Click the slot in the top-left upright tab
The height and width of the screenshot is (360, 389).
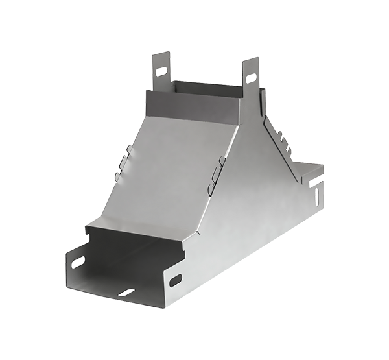point(161,69)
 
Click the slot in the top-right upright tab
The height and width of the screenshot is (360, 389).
point(251,79)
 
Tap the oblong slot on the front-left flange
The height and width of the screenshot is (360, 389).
point(77,262)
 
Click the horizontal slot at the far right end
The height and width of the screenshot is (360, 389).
point(316,183)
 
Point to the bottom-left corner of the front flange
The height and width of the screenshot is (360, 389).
point(67,286)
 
